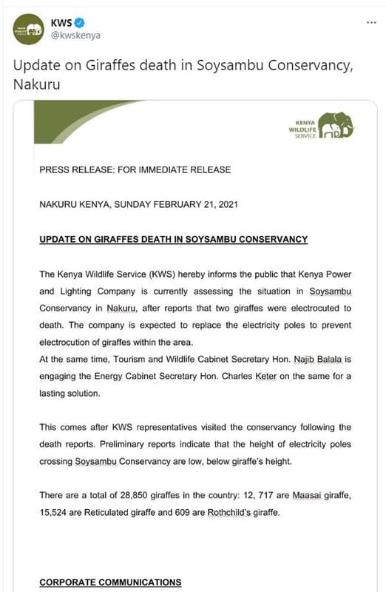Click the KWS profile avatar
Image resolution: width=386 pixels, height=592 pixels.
click(30, 29)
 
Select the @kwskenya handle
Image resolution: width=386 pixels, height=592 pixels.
click(75, 36)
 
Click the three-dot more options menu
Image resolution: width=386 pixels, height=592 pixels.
click(372, 22)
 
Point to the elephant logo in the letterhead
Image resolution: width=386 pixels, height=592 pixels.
click(336, 125)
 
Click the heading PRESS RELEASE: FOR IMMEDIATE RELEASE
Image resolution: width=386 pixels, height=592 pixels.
click(135, 169)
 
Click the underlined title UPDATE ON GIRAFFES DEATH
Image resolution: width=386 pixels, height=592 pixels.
click(173, 239)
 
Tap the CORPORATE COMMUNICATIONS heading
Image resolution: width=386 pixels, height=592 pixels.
click(110, 582)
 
